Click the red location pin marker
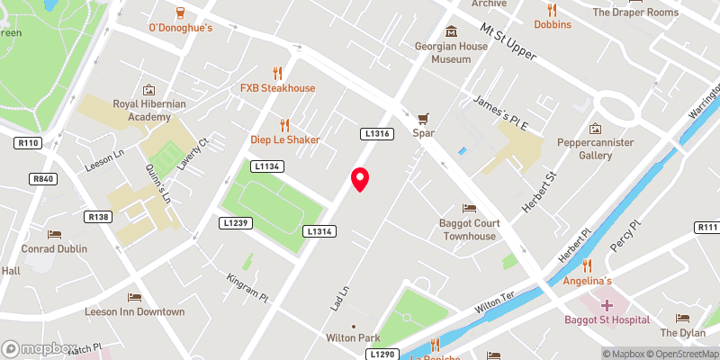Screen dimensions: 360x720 click(x=360, y=179)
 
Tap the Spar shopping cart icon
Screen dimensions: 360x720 click(x=423, y=117)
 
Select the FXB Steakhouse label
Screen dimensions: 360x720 click(x=277, y=88)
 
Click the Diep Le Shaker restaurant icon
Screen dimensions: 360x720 click(x=285, y=125)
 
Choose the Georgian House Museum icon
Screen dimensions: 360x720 click(x=437, y=27)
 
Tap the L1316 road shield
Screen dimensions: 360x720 click(x=376, y=133)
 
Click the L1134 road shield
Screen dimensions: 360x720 click(x=267, y=166)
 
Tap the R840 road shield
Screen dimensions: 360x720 click(x=43, y=179)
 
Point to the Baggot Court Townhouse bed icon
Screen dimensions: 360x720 click(x=468, y=209)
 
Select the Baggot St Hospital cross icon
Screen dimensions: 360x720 click(x=607, y=305)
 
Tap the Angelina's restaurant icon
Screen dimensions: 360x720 click(x=588, y=265)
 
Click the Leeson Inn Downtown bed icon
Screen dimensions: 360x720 click(x=134, y=297)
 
